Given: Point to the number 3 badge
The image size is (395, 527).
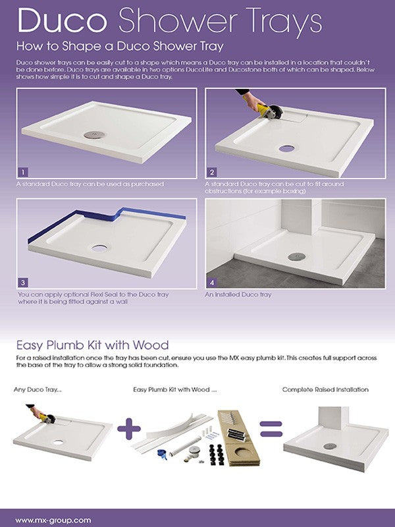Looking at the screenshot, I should (x=23, y=281).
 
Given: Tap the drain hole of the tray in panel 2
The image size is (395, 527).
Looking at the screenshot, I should (x=286, y=148).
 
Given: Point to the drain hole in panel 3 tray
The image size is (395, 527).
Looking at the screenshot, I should (x=101, y=250).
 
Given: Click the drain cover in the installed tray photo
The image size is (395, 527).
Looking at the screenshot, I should (x=291, y=256).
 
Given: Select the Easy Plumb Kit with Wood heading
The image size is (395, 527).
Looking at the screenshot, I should (x=92, y=345).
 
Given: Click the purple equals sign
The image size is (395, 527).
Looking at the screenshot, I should (x=271, y=429).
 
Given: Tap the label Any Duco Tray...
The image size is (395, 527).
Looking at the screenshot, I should (x=37, y=390).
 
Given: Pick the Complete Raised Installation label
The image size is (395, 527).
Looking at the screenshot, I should (x=325, y=390).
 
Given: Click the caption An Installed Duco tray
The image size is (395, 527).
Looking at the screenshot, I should (x=238, y=294).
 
